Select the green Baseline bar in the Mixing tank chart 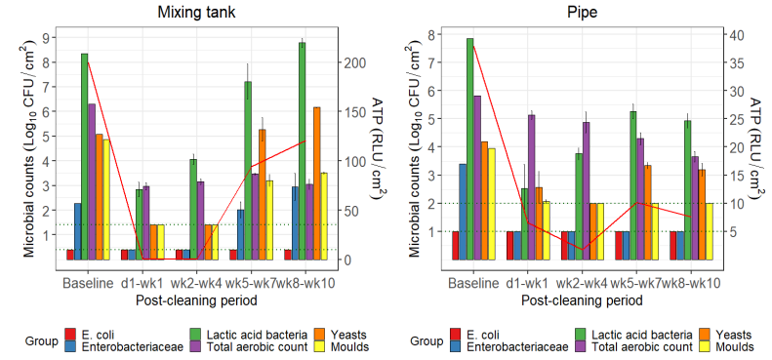point(85,156)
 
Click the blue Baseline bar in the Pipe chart point(462,212)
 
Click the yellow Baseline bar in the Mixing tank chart point(106,200)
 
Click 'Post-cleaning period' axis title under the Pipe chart point(582,300)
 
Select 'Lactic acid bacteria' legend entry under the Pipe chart point(617,335)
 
